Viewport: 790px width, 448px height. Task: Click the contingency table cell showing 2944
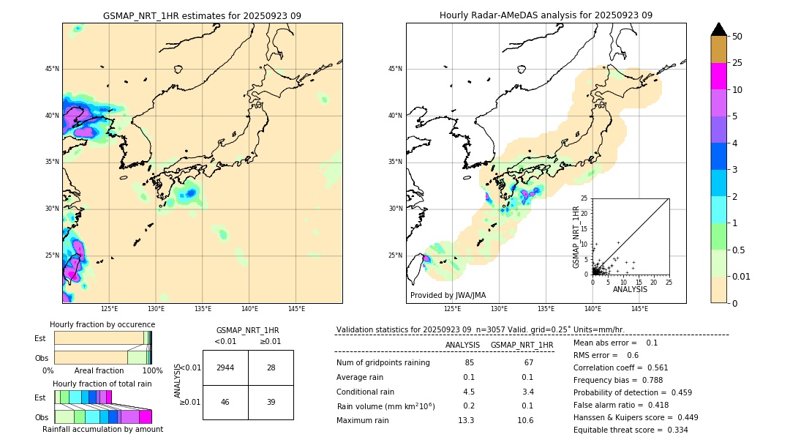coord(225,367)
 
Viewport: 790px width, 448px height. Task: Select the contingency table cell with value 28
coord(271,367)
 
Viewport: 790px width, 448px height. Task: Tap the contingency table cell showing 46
coord(225,403)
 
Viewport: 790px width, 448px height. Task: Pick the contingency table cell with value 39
coord(271,403)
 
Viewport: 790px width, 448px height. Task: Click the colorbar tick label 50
coord(737,37)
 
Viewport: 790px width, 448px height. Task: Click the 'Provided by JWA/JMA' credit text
coord(448,295)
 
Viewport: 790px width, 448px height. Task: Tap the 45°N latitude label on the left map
coord(52,69)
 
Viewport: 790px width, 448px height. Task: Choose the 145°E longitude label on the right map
coord(639,309)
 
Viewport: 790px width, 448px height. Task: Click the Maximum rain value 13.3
coord(465,420)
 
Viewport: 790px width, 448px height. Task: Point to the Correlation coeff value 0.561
coord(655,367)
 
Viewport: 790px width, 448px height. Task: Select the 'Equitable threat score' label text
coord(619,430)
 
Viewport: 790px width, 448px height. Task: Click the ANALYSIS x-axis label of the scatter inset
coord(630,289)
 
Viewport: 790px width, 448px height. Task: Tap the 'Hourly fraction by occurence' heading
coord(102,324)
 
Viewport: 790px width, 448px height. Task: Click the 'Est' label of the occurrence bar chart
coord(40,338)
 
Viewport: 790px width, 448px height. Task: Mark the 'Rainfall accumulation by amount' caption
coord(102,429)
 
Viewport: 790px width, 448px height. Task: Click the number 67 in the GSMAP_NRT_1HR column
coord(528,363)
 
